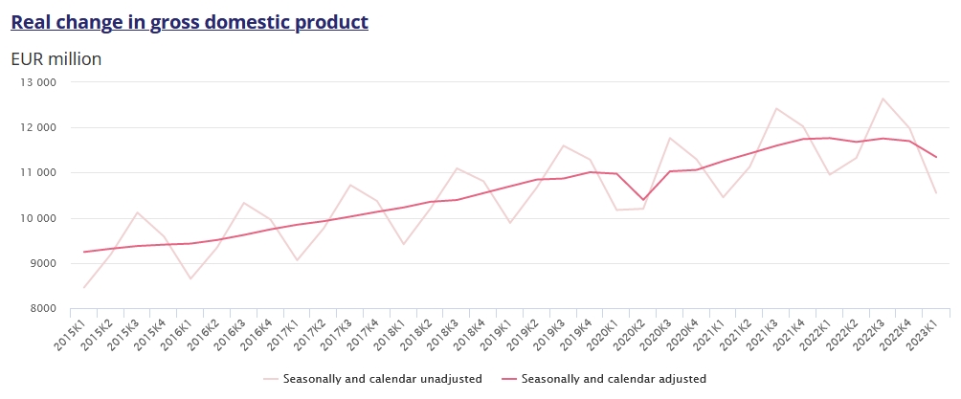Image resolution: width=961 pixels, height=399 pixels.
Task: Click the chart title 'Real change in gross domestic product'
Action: pyautogui.click(x=190, y=22)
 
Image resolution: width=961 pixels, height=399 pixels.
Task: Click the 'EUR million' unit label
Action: pyautogui.click(x=56, y=59)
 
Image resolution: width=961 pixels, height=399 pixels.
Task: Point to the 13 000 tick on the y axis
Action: pyautogui.click(x=39, y=82)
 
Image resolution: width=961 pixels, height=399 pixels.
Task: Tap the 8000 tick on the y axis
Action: pyautogui.click(x=43, y=309)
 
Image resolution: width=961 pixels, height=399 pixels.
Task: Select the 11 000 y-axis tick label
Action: pyautogui.click(x=39, y=173)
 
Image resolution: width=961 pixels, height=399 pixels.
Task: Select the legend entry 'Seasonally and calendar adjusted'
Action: pyautogui.click(x=613, y=379)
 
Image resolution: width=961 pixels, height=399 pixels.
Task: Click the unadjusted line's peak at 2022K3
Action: pyautogui.click(x=883, y=99)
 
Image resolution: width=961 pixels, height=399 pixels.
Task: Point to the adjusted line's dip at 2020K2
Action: pyautogui.click(x=643, y=200)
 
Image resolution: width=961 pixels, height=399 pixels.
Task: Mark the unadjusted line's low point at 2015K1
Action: pyautogui.click(x=84, y=287)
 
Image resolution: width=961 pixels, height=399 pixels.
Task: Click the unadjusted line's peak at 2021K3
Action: pyautogui.click(x=776, y=108)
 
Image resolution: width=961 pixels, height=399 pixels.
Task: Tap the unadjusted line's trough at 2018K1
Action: pyautogui.click(x=404, y=244)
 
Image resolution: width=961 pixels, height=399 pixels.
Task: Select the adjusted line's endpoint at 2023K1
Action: pyautogui.click(x=936, y=157)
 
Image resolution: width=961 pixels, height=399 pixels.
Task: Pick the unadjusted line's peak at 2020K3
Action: pyautogui.click(x=670, y=138)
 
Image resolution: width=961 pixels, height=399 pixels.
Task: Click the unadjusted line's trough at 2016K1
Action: pyautogui.click(x=190, y=279)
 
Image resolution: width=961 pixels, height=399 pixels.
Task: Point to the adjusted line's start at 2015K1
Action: pyautogui.click(x=84, y=252)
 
